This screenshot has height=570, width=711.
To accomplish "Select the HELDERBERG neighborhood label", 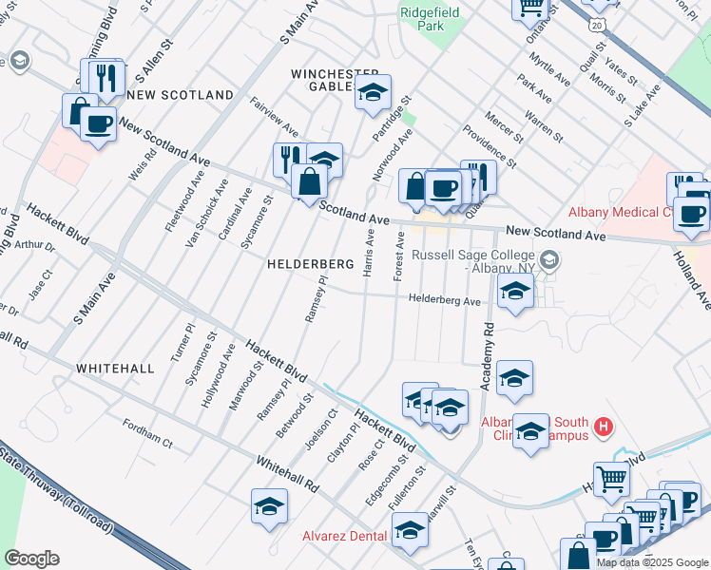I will point(310,263).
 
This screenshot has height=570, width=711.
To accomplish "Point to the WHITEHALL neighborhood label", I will point(115,368).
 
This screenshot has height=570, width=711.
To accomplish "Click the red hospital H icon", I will point(602,427).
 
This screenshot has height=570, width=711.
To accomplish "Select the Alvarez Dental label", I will point(345,537).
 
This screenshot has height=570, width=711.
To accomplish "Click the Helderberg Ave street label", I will point(445,300).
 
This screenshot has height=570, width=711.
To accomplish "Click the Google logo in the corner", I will point(31,559).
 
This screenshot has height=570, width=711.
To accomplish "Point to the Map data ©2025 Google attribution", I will point(652,562).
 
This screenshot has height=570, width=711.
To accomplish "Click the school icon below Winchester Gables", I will point(374,94).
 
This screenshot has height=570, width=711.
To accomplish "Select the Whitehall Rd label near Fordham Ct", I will point(286,472).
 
